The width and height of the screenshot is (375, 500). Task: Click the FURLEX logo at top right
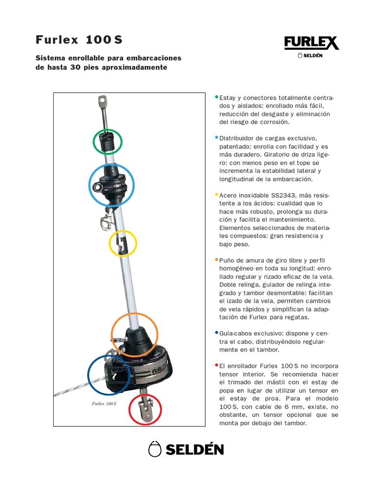(x=311, y=43)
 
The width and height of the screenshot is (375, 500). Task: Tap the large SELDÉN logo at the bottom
(x=186, y=449)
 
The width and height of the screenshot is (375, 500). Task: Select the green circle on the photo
(x=107, y=142)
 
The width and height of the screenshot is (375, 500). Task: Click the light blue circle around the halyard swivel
(x=111, y=185)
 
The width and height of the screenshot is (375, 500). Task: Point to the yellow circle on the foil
(x=122, y=243)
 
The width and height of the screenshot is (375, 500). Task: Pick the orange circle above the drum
(x=134, y=335)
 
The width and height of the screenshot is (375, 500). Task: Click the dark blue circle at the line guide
(x=109, y=375)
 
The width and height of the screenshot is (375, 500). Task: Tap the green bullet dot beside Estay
(x=217, y=97)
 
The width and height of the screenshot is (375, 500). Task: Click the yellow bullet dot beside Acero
(x=217, y=194)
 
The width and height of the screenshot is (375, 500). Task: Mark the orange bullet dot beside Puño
(x=217, y=259)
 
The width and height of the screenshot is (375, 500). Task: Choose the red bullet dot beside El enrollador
(x=217, y=365)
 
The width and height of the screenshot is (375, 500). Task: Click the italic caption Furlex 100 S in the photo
(x=104, y=404)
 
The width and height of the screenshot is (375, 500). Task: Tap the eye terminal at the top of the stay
(x=102, y=102)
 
